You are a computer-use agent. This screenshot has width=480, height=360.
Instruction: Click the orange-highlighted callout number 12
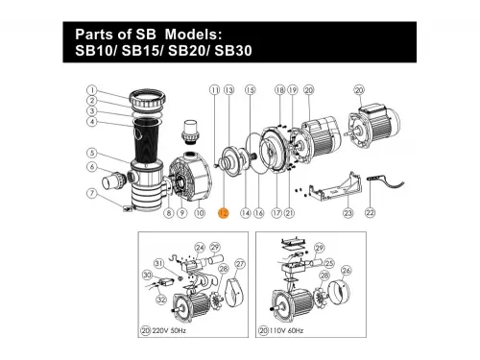pos(222,213)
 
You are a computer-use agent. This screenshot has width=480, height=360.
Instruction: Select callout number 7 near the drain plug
pos(90,193)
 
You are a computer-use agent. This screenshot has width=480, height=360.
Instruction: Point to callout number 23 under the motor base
pos(348,213)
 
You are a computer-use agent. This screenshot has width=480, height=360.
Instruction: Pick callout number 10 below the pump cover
pos(200,213)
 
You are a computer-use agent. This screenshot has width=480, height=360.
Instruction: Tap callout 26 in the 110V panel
pos(347,270)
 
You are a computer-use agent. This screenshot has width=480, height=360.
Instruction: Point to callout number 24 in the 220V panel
pos(201,247)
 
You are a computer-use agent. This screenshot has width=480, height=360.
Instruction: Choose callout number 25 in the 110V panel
pos(327,261)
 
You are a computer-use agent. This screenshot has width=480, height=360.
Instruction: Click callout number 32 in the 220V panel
pos(159,300)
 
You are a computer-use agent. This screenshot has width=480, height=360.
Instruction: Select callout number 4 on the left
pos(90,122)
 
